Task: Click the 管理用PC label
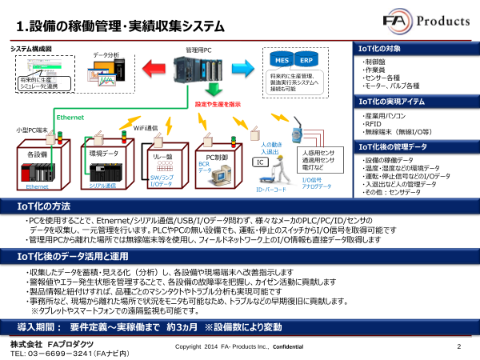198,50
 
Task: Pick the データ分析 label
106,54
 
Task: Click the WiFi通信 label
145,126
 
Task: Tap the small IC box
260,162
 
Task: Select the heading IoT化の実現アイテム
392,102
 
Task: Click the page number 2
459,346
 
